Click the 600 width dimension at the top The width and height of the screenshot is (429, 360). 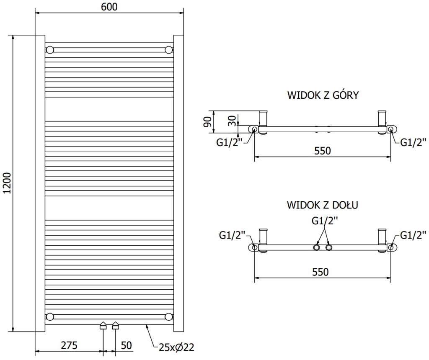point(109,7)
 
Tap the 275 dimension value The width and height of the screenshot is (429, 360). point(69,345)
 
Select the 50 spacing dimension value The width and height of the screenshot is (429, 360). point(126,345)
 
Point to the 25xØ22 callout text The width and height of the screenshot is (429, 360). point(176,347)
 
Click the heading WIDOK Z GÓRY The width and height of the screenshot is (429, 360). point(323,95)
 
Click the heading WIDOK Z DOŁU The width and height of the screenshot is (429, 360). point(322,205)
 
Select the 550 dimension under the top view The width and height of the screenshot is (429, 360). point(322,151)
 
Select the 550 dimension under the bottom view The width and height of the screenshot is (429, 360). point(322,272)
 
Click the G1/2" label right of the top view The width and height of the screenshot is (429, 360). point(413,142)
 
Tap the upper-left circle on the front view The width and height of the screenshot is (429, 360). point(50,50)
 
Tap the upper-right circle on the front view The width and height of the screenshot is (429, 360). point(168,50)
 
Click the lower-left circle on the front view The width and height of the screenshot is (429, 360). point(50,316)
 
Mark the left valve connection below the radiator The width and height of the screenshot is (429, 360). point(103,326)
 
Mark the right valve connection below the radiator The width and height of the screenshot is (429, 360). point(116,326)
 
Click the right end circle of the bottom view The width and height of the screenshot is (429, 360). point(390,247)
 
